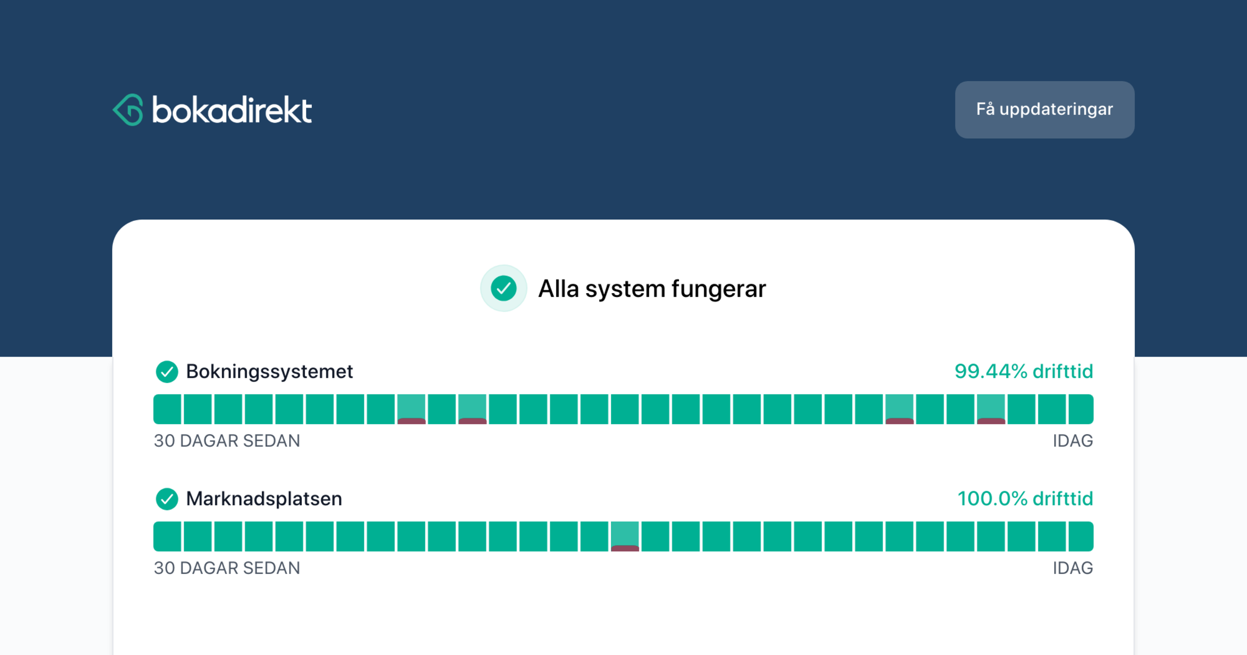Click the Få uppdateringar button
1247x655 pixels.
point(1044,110)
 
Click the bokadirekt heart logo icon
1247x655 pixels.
point(128,110)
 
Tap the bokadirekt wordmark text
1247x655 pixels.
point(232,110)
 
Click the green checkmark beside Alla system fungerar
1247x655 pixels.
point(503,289)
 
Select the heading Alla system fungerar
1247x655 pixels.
point(652,289)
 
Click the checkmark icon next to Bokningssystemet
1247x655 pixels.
point(167,372)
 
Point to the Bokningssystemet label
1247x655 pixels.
point(269,372)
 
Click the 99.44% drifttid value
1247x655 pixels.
point(1024,372)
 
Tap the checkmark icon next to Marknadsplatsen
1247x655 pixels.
point(167,499)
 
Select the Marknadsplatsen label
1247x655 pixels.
point(264,499)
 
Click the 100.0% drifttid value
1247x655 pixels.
point(1025,499)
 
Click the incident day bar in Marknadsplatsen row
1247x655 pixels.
point(625,536)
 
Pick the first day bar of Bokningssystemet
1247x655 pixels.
point(167,409)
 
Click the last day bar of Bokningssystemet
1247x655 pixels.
point(1081,409)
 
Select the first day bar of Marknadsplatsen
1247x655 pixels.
point(167,536)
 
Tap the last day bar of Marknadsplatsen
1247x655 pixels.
point(1081,536)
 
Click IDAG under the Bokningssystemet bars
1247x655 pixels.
point(1073,441)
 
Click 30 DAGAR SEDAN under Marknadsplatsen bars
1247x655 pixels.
point(227,568)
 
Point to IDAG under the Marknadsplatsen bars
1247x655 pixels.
point(1073,568)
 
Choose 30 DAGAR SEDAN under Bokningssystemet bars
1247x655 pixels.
point(227,441)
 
